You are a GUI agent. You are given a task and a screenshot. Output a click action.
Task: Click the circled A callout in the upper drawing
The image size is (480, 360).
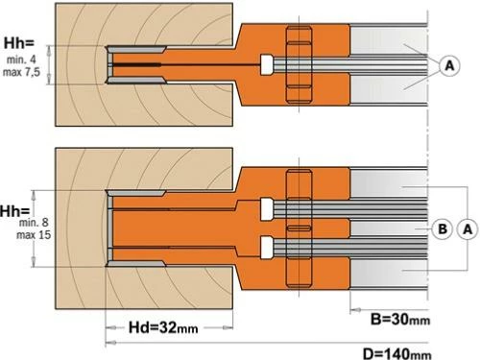[x=449, y=65]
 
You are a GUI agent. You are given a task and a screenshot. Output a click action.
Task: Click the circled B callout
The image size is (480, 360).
[x=442, y=229]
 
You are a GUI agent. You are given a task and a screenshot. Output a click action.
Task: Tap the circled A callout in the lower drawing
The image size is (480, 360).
[x=468, y=229]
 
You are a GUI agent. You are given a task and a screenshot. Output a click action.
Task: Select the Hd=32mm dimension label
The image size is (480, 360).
[x=163, y=327]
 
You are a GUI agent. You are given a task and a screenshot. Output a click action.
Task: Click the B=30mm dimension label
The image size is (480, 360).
[x=400, y=320]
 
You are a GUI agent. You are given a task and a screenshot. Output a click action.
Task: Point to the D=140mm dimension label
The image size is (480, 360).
[x=397, y=353]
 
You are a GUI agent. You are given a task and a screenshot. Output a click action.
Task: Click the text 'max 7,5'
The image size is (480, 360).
[x=21, y=72]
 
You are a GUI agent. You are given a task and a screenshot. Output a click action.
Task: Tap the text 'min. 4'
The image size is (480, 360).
[x=21, y=60]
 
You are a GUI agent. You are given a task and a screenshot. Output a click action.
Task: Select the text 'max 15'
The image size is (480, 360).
[x=34, y=235]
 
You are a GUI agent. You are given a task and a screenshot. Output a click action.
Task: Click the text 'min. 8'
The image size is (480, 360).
[x=34, y=223]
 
